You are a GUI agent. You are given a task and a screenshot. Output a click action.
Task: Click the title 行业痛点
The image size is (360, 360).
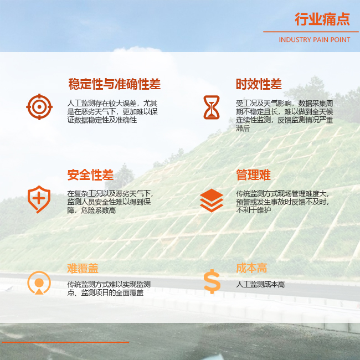pyautogui.click(x=322, y=19)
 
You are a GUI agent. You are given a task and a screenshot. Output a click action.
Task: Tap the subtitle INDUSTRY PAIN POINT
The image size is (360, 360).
pyautogui.click(x=315, y=40)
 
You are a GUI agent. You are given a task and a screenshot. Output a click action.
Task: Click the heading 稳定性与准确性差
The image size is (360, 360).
pyautogui.click(x=114, y=84)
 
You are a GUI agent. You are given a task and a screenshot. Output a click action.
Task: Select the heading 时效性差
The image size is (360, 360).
pyautogui.click(x=259, y=84)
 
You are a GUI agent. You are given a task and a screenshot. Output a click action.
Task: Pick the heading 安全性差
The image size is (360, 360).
pyautogui.click(x=90, y=175)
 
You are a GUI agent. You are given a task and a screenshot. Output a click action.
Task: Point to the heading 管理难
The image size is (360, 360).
pyautogui.click(x=254, y=175)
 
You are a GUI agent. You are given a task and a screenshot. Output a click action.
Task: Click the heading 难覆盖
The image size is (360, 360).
pyautogui.click(x=83, y=268)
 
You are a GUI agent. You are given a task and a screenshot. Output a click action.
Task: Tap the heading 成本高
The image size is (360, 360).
pyautogui.click(x=251, y=268)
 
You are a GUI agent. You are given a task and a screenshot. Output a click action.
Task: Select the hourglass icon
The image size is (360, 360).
pyautogui.click(x=212, y=107)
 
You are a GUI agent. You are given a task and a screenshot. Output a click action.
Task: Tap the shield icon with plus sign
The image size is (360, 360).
pyautogui.click(x=39, y=199)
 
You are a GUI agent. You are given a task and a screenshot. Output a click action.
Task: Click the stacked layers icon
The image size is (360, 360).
pyautogui.click(x=212, y=200)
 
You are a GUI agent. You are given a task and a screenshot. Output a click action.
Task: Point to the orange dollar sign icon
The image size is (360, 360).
pyautogui.click(x=212, y=281)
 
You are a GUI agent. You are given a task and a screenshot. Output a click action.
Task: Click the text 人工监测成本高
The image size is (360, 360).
pyautogui.click(x=260, y=285)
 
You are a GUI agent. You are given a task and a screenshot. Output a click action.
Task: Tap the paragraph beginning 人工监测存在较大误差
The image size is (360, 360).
pyautogui.click(x=112, y=111)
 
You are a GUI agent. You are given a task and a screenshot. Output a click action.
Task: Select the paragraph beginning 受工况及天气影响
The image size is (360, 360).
pyautogui.click(x=285, y=116)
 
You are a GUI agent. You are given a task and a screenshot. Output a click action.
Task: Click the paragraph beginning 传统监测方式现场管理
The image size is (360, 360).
pyautogui.click(x=282, y=202)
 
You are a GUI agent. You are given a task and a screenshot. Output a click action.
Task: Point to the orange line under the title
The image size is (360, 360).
pyautogui.click(x=311, y=32)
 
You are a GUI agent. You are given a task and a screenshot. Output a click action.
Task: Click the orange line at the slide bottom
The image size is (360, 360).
pyautogui.click(x=65, y=342)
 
